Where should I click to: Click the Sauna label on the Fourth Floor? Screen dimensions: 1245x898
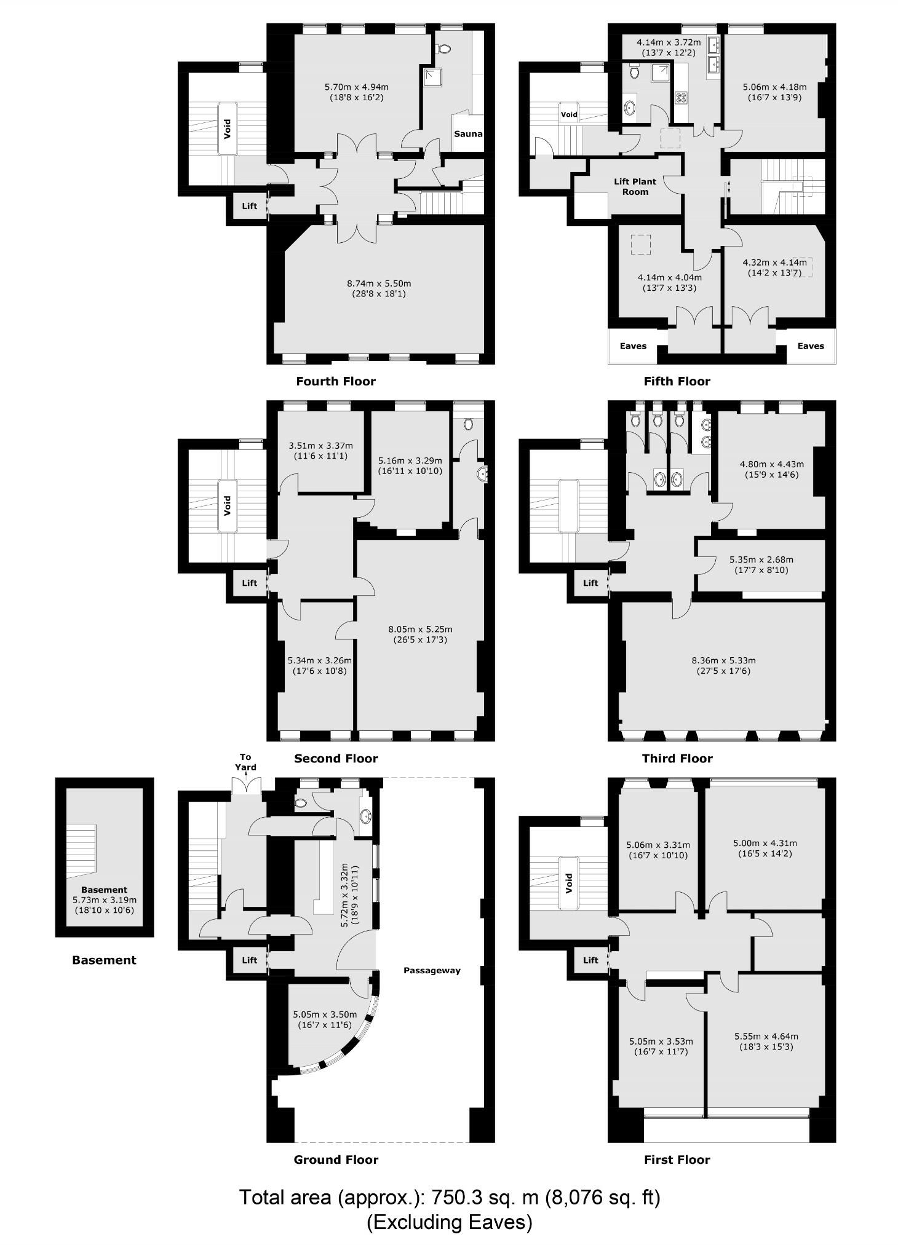[x=468, y=133]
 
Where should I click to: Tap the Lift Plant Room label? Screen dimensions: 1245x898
[x=635, y=186]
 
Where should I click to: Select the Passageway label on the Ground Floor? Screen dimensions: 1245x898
[x=432, y=970]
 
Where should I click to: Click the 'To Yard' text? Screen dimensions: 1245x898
[x=245, y=762]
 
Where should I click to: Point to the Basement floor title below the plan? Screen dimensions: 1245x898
[x=104, y=960]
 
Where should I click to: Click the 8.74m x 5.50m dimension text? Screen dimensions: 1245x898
[x=379, y=288]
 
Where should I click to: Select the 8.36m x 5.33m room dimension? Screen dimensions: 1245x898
[x=723, y=665]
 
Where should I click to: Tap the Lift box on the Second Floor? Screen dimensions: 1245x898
[x=249, y=582]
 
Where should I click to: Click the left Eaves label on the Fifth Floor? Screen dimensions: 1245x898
[x=633, y=346]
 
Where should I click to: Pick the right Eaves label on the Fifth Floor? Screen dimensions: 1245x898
[x=810, y=346]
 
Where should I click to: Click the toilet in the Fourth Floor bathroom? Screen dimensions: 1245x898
[x=444, y=49]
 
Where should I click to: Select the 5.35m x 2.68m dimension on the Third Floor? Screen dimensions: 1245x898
[x=761, y=564]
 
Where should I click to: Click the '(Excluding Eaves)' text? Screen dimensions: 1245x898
[x=449, y=1222]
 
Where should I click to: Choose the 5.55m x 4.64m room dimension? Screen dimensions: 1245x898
[x=766, y=1041]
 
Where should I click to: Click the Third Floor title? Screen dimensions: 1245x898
[x=677, y=758]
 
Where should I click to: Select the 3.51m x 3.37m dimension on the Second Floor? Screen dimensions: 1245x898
[x=320, y=451]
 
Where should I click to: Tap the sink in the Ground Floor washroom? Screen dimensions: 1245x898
[x=366, y=816]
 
